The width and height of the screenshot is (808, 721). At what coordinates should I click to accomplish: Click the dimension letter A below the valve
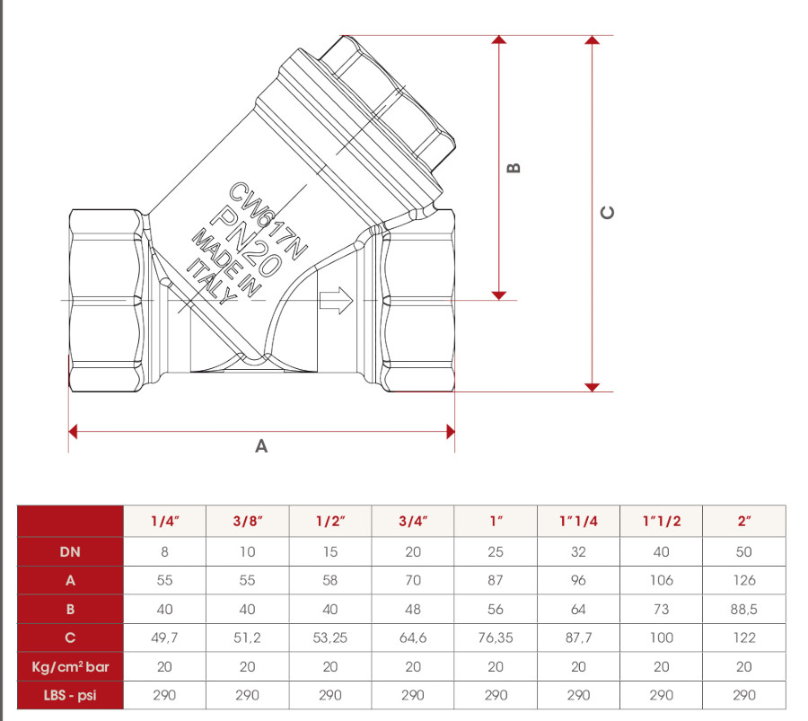point(261,446)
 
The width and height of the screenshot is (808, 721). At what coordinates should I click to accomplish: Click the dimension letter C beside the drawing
point(608,213)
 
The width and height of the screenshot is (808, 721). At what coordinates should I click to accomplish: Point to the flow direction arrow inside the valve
point(337,302)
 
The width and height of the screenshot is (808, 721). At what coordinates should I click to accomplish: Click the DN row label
point(70,552)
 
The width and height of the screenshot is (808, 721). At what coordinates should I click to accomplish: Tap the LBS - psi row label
point(70,695)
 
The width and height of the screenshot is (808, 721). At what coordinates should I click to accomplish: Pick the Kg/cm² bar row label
point(70,666)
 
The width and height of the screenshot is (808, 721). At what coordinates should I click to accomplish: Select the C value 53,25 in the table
point(330,638)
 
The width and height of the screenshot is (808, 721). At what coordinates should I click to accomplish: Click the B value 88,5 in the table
point(744,610)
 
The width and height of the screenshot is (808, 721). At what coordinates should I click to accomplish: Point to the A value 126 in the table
point(744,581)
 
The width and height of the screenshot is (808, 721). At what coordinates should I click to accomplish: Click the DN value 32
point(578,552)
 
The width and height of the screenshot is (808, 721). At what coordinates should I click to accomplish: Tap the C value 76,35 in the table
point(496,638)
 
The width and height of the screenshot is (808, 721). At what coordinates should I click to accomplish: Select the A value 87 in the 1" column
point(496,581)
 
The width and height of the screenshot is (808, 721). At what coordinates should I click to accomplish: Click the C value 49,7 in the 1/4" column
point(165,638)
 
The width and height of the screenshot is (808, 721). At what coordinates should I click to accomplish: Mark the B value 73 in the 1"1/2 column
point(661,610)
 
